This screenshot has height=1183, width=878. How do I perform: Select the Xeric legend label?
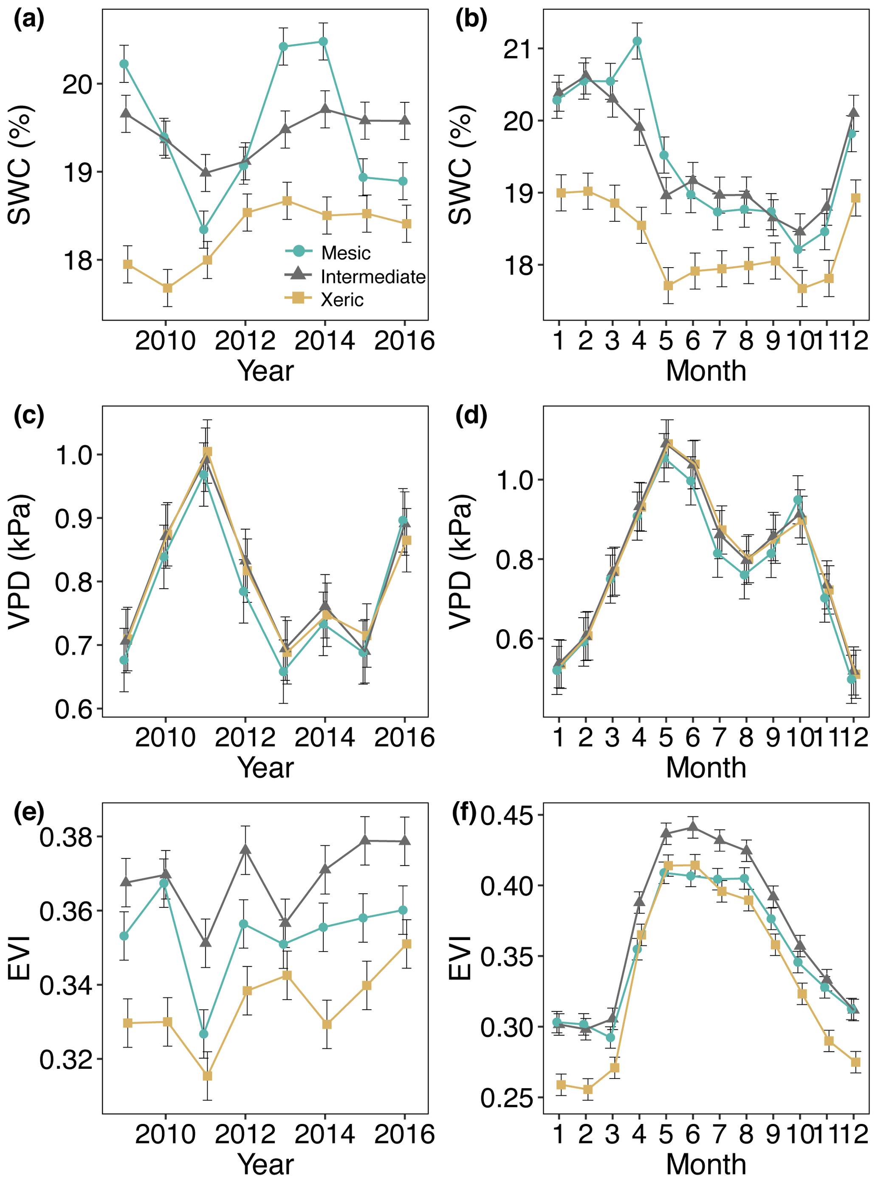pos(342,300)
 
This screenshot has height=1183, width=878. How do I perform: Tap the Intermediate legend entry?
pos(373,277)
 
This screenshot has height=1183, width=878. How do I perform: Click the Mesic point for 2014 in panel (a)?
pos(322,42)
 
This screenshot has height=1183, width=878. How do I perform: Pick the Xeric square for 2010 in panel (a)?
pos(167,288)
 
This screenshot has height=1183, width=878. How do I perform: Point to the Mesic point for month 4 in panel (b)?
pos(637,41)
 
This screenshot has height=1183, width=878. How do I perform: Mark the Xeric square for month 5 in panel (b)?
pos(668,285)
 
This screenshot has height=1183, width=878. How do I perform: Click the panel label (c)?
pos(29,415)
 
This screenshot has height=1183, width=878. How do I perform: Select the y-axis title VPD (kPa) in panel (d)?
pos(461,561)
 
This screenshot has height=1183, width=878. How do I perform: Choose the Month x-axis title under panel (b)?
pos(706,370)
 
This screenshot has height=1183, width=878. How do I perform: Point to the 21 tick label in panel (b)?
pos(516,49)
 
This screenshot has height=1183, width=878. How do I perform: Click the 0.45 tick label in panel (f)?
pos(505,815)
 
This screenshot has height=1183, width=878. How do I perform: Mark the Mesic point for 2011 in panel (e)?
pos(203,1033)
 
